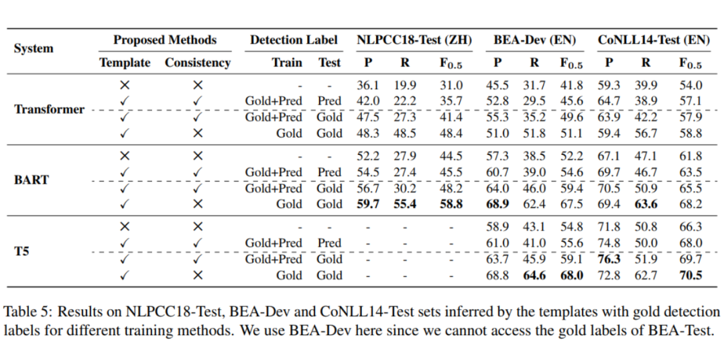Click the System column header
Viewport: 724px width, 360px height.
click(x=34, y=49)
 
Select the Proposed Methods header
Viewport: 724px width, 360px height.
click(x=165, y=40)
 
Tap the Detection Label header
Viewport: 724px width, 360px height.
click(x=294, y=40)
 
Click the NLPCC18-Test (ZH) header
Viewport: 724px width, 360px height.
click(x=414, y=40)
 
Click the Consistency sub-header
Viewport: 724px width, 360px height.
click(x=198, y=63)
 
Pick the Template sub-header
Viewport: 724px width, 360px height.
click(x=125, y=63)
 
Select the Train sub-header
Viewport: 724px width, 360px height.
click(x=287, y=63)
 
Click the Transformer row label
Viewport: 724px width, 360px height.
click(x=50, y=109)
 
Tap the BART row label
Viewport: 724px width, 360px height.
click(x=32, y=180)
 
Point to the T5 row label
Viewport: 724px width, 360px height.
click(x=21, y=251)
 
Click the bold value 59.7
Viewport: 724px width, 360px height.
click(x=369, y=204)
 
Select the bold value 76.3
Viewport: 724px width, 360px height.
click(x=609, y=259)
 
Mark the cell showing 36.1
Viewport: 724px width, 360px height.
click(x=369, y=85)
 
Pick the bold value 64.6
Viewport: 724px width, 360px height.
click(x=534, y=276)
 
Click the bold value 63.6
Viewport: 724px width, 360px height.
click(x=646, y=204)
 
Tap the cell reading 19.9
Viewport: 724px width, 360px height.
click(x=405, y=85)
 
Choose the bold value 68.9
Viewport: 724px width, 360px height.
click(x=497, y=204)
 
